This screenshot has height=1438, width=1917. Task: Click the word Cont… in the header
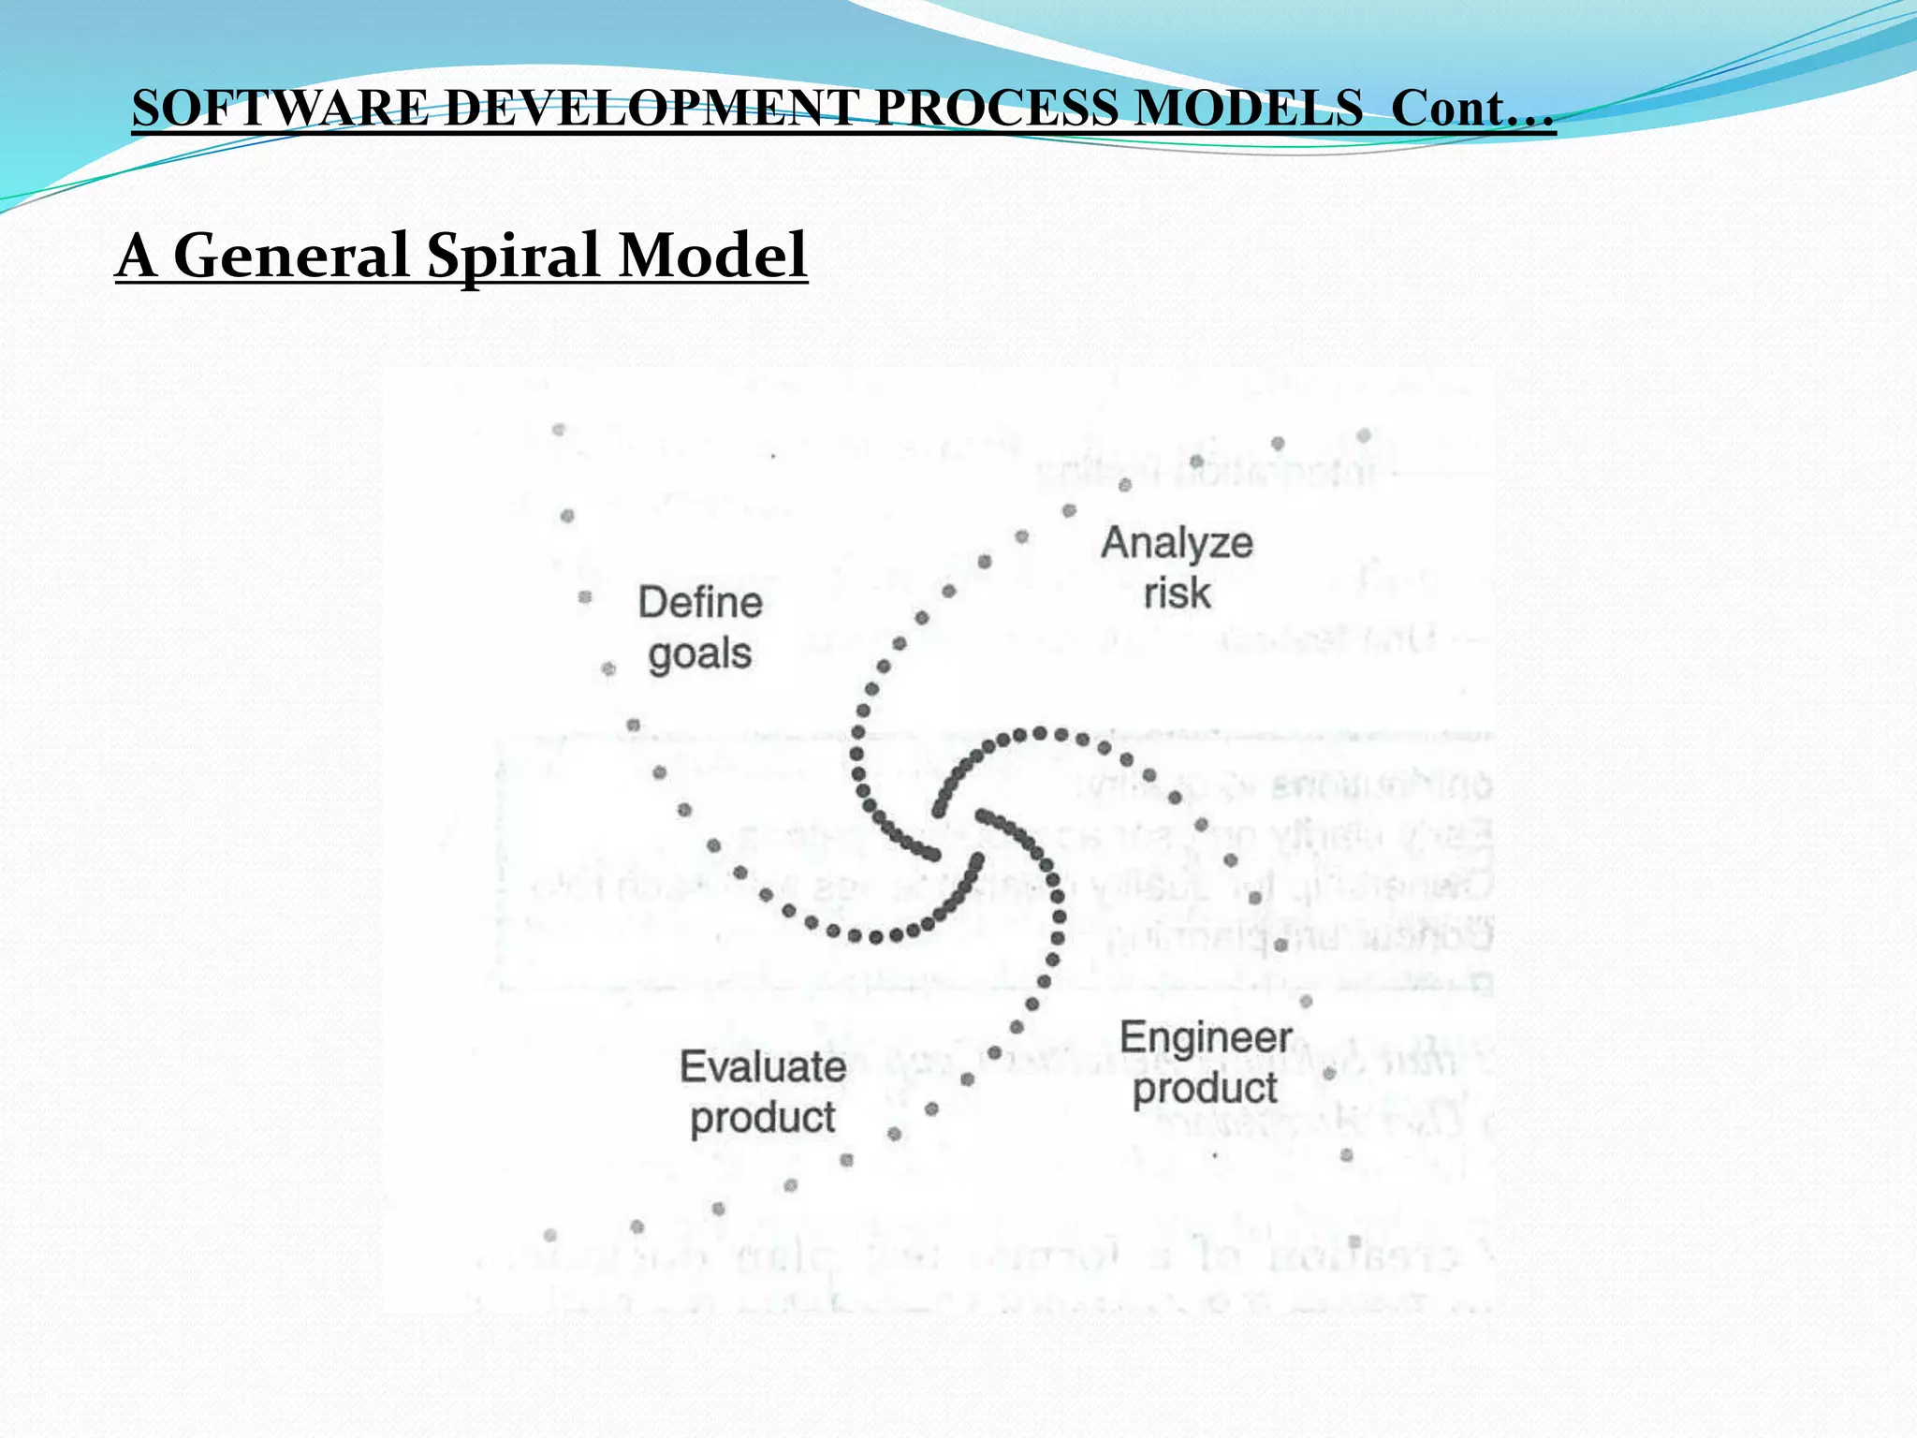coord(1472,108)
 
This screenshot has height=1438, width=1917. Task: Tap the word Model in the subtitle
coord(713,255)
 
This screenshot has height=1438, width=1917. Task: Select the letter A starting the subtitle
coord(137,255)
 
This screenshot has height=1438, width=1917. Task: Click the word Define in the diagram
coord(700,603)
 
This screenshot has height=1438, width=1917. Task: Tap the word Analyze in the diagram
coord(1177,544)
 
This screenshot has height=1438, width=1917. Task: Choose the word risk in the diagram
coord(1177,594)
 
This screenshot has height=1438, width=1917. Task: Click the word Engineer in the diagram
coord(1206,1038)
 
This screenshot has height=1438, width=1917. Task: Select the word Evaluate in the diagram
coord(763,1067)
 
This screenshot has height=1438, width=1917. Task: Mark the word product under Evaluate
coord(763,1118)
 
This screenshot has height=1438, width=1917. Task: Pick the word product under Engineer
coord(1206,1089)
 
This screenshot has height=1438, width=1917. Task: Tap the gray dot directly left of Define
coord(585,597)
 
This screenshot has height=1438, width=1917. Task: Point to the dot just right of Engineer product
coord(1329,1073)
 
